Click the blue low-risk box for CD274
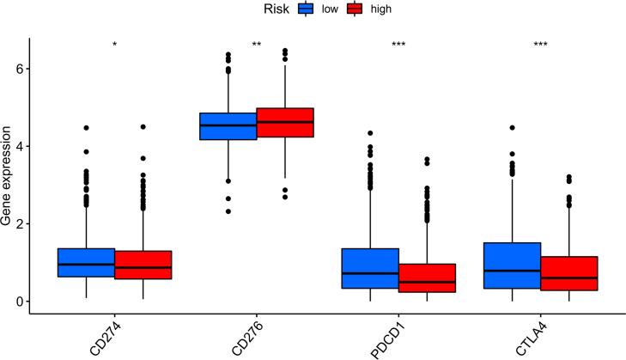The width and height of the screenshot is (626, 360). click(86, 262)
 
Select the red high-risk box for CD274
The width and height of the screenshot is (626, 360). click(143, 265)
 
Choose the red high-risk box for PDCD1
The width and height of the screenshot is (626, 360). click(427, 278)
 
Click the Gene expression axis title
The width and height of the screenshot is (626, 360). click(8, 176)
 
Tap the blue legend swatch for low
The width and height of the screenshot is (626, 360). click(307, 9)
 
